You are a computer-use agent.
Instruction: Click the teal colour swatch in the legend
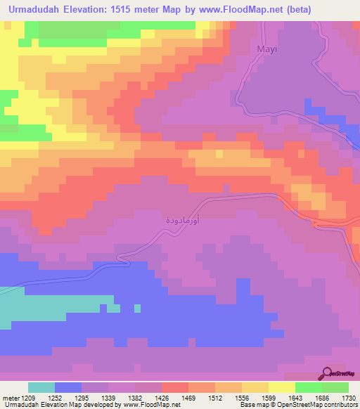pos(41,387)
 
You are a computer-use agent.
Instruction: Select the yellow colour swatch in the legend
pos(281,387)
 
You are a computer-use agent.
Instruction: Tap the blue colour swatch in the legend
pos(68,387)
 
